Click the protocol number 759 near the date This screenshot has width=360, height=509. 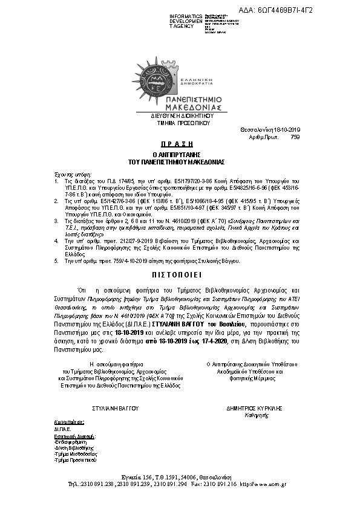[x=295, y=137]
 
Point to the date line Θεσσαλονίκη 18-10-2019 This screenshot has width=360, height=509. [x=274, y=130]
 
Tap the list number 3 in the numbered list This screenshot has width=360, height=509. [x=56, y=222]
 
